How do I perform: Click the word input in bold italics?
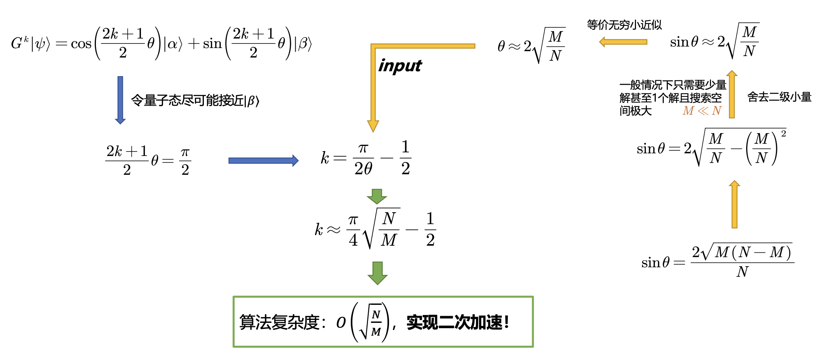click(x=400, y=66)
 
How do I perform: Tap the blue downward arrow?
click(x=120, y=100)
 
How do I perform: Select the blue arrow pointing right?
click(x=263, y=160)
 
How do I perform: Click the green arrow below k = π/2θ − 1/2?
click(x=377, y=196)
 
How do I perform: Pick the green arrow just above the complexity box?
click(x=377, y=273)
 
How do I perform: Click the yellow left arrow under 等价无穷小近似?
click(x=623, y=42)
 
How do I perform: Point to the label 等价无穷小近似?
click(x=624, y=25)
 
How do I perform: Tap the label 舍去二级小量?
click(x=779, y=97)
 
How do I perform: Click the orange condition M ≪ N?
click(x=702, y=111)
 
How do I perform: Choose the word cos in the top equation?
click(x=81, y=44)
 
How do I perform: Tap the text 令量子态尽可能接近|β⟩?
click(x=195, y=100)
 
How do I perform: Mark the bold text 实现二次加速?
click(x=458, y=322)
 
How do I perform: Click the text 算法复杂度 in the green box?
click(x=279, y=322)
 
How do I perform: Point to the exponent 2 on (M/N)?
click(x=783, y=133)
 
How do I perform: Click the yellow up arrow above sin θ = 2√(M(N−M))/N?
click(x=735, y=204)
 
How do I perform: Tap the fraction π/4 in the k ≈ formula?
click(x=353, y=229)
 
